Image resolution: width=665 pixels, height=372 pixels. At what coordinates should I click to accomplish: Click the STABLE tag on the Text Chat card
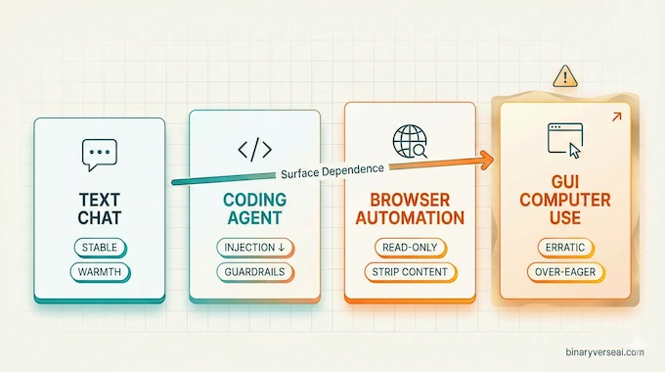click(x=99, y=247)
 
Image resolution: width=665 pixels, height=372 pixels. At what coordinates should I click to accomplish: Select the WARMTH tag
click(x=99, y=270)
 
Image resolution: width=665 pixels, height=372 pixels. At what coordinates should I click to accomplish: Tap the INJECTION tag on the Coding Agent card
click(x=254, y=247)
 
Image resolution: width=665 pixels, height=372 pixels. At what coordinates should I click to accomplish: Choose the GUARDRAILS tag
click(x=254, y=270)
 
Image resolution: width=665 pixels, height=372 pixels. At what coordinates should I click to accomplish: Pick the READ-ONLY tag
click(x=411, y=247)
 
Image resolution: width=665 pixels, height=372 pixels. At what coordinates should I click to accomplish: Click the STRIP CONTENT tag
click(x=411, y=270)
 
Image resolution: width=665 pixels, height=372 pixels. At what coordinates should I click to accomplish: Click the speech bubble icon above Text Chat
click(x=99, y=153)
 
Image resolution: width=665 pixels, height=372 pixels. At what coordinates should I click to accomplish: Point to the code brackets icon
click(x=254, y=150)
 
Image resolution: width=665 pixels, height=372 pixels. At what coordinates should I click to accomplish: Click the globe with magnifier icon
click(x=407, y=142)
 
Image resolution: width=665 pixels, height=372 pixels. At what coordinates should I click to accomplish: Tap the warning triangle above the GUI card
click(x=564, y=76)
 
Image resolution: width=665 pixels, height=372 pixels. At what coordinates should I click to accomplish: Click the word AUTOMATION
click(x=411, y=217)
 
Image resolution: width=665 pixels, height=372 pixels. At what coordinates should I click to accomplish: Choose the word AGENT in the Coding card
click(x=254, y=217)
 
